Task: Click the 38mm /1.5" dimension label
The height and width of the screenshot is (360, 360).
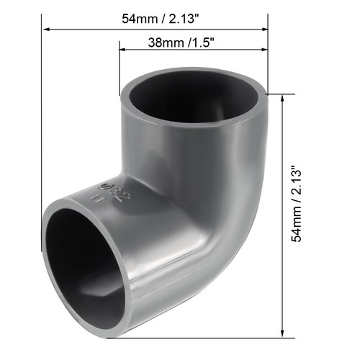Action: (171, 42)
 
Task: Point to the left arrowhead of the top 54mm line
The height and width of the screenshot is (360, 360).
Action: (48, 30)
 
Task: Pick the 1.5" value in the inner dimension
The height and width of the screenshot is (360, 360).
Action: (200, 42)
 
